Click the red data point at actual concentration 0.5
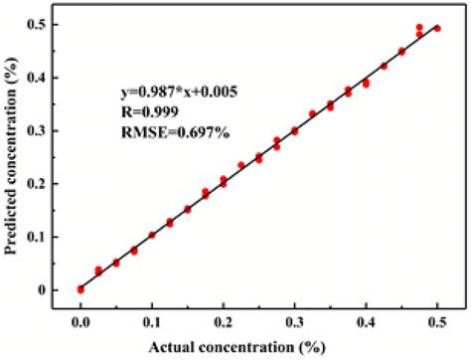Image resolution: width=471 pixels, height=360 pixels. (437, 29)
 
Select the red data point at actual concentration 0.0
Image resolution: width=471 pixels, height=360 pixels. (80, 289)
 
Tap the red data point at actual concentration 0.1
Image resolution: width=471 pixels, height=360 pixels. (152, 236)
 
